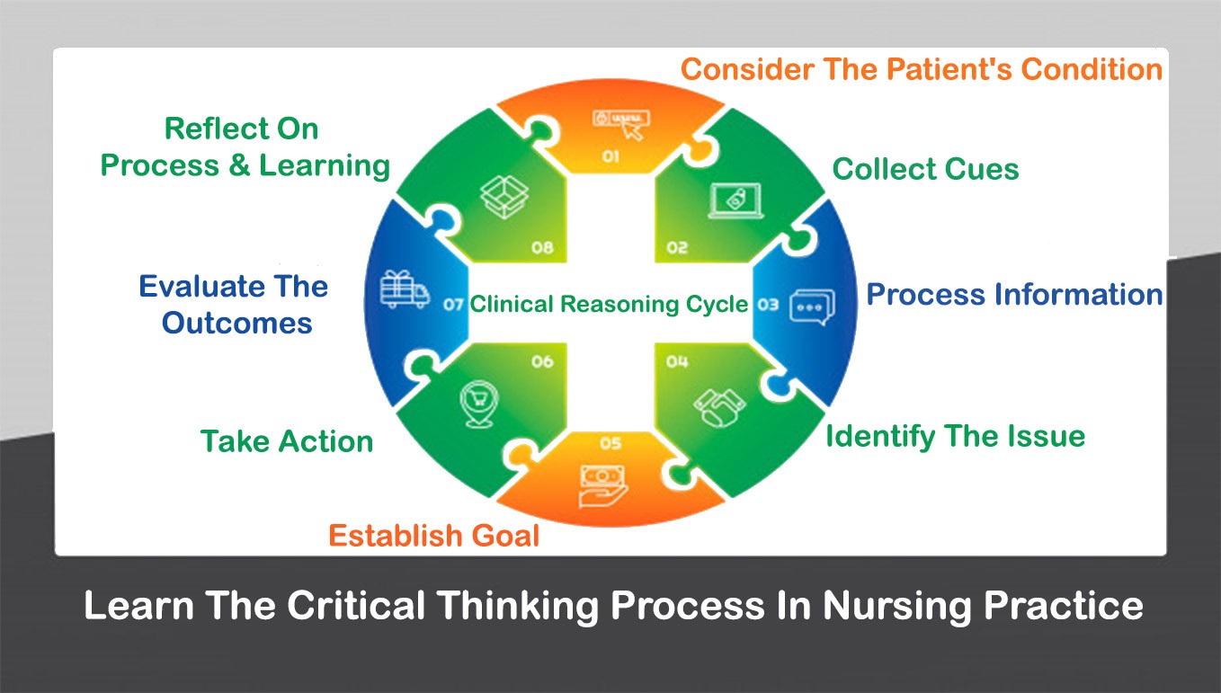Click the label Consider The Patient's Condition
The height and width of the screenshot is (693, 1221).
(922, 69)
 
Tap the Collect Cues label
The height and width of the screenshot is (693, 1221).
(925, 169)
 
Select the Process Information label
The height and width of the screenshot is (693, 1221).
(1014, 295)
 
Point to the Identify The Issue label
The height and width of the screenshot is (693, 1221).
(955, 436)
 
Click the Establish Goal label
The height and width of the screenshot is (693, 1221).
(433, 536)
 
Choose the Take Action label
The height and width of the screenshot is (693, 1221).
(287, 441)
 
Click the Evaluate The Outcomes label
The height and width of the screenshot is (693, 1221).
(235, 305)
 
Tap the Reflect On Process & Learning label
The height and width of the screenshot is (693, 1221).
(245, 147)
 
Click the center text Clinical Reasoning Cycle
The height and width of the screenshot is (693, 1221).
(609, 305)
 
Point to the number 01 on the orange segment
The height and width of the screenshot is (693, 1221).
(610, 157)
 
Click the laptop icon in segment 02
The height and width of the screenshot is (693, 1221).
(735, 200)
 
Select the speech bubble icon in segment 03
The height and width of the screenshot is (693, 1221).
(811, 307)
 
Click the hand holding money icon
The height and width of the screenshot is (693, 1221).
(604, 484)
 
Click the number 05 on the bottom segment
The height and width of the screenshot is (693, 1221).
(610, 443)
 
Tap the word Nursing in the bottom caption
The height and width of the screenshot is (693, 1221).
(882, 605)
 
